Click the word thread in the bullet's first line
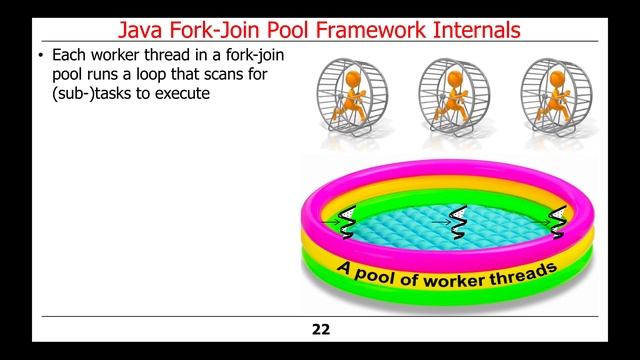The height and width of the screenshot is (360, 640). pyautogui.click(x=168, y=57)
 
